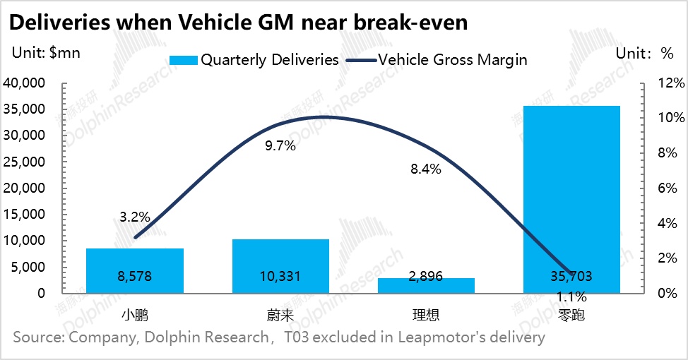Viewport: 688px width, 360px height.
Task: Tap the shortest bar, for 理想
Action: [x=426, y=285]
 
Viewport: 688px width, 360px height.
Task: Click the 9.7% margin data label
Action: [x=281, y=147]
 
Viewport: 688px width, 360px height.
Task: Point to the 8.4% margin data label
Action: [x=427, y=169]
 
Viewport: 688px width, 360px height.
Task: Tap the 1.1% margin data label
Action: [x=571, y=296]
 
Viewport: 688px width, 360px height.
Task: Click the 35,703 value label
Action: [x=571, y=276]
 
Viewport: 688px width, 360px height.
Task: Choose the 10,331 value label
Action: [x=280, y=276]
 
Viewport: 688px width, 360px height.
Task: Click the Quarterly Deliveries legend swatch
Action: [x=182, y=60]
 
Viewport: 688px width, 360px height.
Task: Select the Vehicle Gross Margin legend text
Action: [x=453, y=60]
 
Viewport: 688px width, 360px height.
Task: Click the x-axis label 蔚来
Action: [x=280, y=314]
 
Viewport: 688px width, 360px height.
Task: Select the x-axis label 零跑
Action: [x=571, y=314]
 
